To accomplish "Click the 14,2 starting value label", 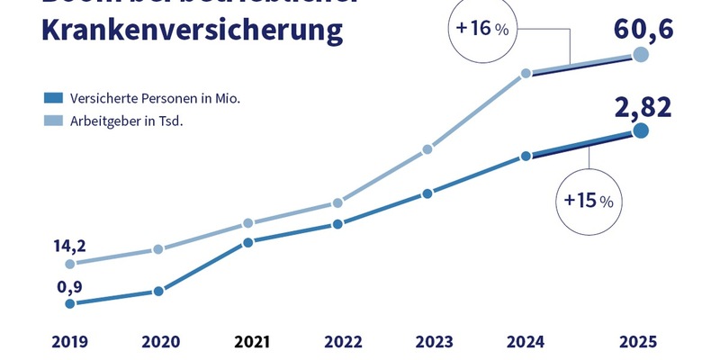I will coord(70,243).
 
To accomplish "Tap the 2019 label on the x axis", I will coord(69,342).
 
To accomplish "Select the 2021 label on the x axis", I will coord(252,342).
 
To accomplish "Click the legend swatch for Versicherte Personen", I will coord(54,97).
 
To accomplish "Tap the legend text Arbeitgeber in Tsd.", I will coord(127,121).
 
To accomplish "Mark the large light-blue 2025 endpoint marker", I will coord(640,55).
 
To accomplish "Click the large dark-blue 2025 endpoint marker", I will coord(640,131).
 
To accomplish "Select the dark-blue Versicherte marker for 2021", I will coord(247,242).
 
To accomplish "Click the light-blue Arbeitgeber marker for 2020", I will coord(158,249).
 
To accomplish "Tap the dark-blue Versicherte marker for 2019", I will coord(69,304).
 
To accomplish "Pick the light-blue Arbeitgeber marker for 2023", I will coord(428,150).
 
